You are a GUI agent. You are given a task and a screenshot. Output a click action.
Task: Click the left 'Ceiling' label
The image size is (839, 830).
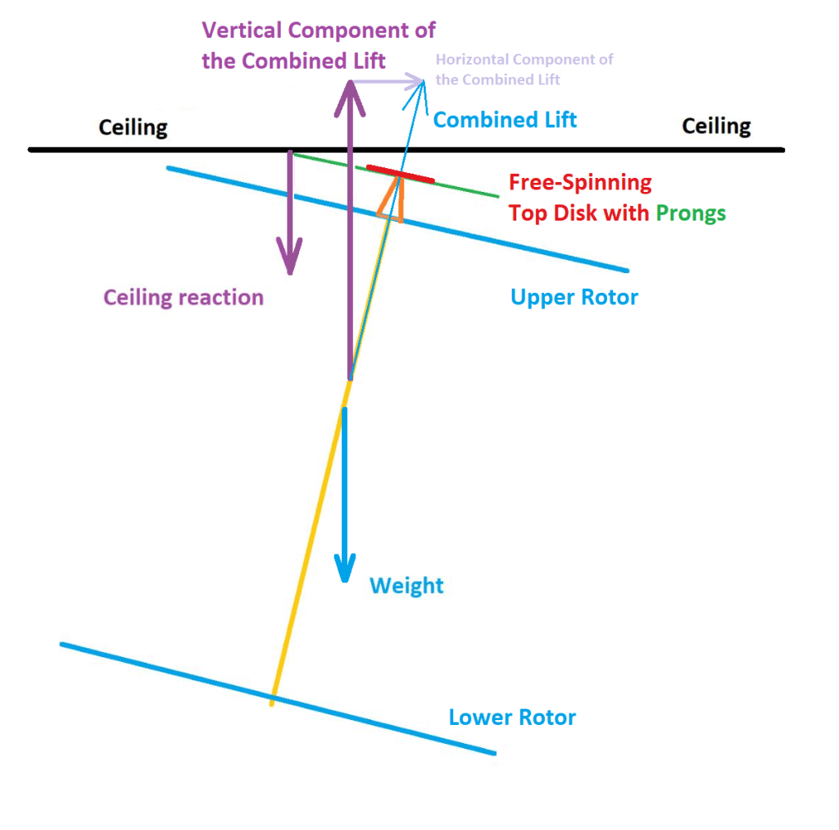(x=133, y=128)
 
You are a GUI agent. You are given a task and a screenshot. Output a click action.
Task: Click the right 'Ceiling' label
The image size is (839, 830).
(x=716, y=126)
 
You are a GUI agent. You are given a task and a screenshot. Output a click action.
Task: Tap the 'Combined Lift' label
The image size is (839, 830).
(x=505, y=120)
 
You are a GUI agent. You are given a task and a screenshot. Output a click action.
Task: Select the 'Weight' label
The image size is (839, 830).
(x=406, y=586)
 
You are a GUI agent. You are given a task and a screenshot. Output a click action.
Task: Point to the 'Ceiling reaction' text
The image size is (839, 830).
(x=184, y=297)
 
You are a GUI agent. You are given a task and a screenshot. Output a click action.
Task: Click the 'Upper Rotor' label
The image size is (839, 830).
(x=574, y=297)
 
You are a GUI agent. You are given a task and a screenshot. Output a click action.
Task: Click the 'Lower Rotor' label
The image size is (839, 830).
(x=512, y=718)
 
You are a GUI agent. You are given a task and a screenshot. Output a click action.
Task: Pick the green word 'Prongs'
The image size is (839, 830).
(x=691, y=213)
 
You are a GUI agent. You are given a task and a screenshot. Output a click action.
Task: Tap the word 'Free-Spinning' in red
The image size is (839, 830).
(x=580, y=182)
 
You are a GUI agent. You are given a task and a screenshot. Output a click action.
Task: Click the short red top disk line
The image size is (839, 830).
(x=401, y=173)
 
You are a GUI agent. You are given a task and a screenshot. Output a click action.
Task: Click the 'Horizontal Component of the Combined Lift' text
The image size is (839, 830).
(x=524, y=70)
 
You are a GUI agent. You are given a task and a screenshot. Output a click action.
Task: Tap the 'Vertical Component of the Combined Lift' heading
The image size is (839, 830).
(x=318, y=45)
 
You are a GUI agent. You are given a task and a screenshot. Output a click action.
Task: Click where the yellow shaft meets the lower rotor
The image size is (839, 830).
(x=272, y=699)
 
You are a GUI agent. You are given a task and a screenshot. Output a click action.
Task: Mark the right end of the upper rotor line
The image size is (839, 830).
(x=627, y=270)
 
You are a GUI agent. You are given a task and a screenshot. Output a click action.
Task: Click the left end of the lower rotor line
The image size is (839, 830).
(x=62, y=645)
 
